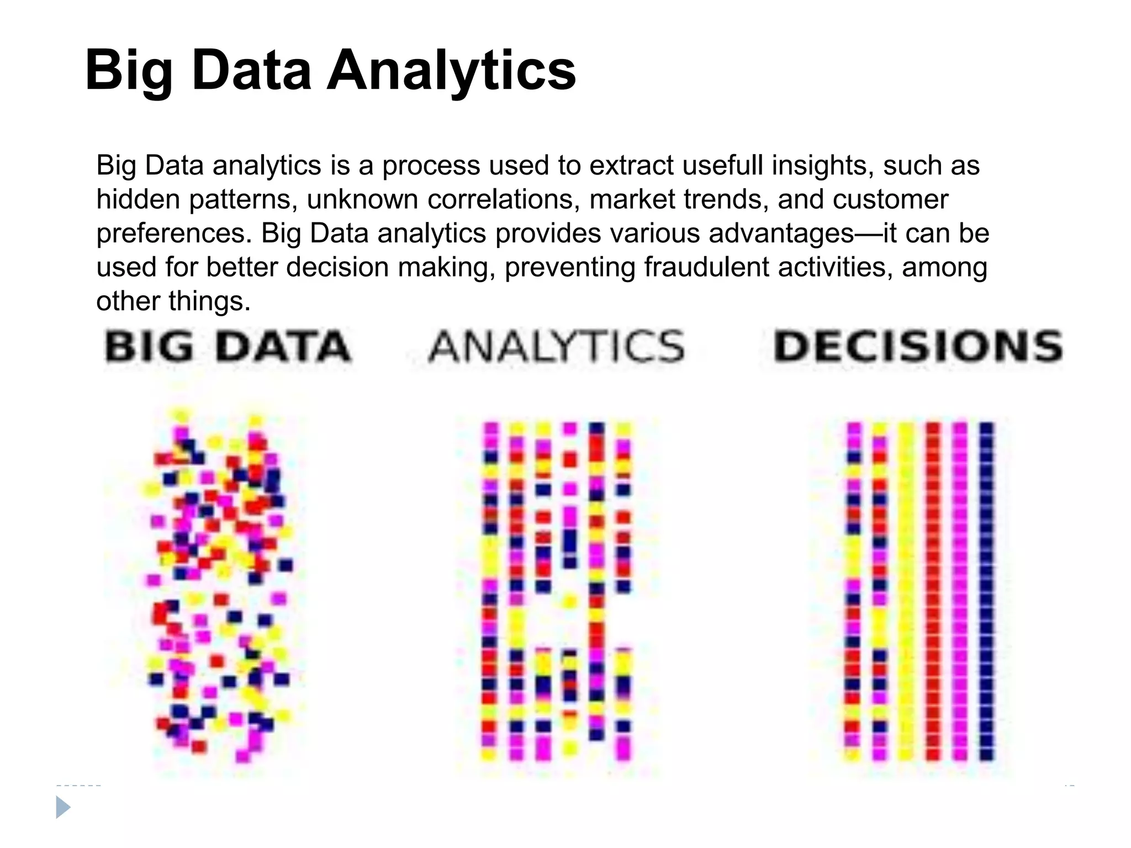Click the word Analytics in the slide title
pyautogui.click(x=451, y=71)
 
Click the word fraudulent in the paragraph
pyautogui.click(x=706, y=267)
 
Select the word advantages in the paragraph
pyautogui.click(x=781, y=234)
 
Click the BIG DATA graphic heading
pyautogui.click(x=228, y=347)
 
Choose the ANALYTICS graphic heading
pyautogui.click(x=557, y=347)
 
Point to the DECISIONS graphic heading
pyautogui.click(x=918, y=347)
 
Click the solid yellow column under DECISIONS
pyautogui.click(x=906, y=591)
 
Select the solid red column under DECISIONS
pyautogui.click(x=933, y=591)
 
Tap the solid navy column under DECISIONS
pyautogui.click(x=987, y=591)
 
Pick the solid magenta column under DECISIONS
pyautogui.click(x=960, y=591)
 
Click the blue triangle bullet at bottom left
pyautogui.click(x=63, y=808)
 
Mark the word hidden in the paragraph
pyautogui.click(x=138, y=199)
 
